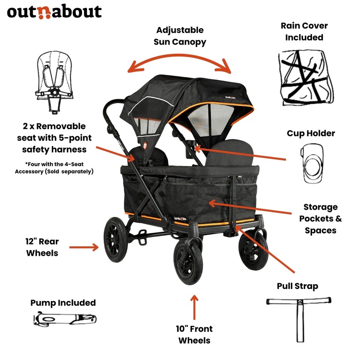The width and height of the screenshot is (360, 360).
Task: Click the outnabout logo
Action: (54, 11)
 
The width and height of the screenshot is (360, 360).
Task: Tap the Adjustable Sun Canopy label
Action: (180, 36)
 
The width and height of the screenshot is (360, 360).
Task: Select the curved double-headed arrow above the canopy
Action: (180, 60)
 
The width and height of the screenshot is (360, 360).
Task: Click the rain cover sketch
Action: (302, 76)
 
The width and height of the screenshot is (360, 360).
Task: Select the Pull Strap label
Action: (297, 286)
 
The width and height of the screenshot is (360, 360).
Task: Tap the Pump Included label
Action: (63, 302)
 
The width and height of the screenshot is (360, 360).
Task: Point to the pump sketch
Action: (65, 319)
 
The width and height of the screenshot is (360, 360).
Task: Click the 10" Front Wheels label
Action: (194, 335)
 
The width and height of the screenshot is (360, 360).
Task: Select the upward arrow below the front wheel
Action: (194, 307)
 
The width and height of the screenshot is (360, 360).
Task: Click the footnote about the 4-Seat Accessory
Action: (54, 168)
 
